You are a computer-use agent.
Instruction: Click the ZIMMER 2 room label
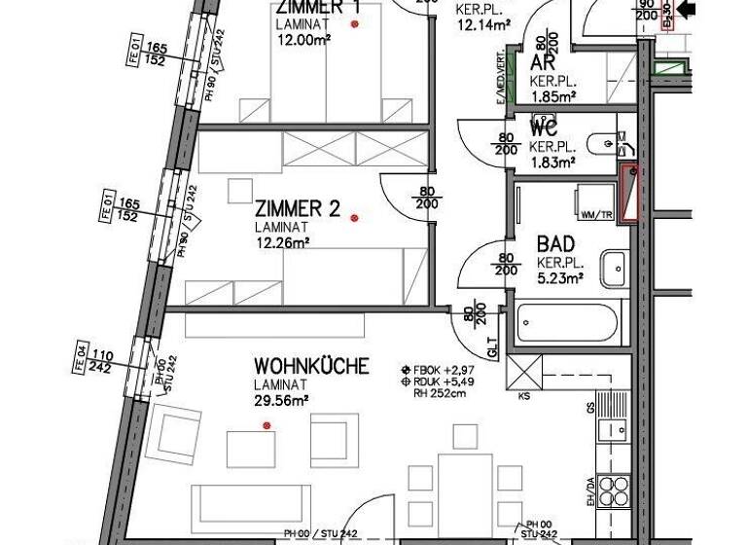(297, 208)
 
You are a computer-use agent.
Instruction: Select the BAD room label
(556, 244)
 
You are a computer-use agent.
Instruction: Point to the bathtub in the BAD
(567, 322)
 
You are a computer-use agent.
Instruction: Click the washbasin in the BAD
(614, 269)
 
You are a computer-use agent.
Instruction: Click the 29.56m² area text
(282, 399)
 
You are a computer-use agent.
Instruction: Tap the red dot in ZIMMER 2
(355, 218)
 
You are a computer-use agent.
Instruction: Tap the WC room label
(542, 127)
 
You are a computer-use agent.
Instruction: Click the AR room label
(543, 63)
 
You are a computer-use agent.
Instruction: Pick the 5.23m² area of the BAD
(559, 277)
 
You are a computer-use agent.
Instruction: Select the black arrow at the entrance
(687, 10)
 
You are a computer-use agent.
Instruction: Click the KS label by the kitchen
(524, 397)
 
